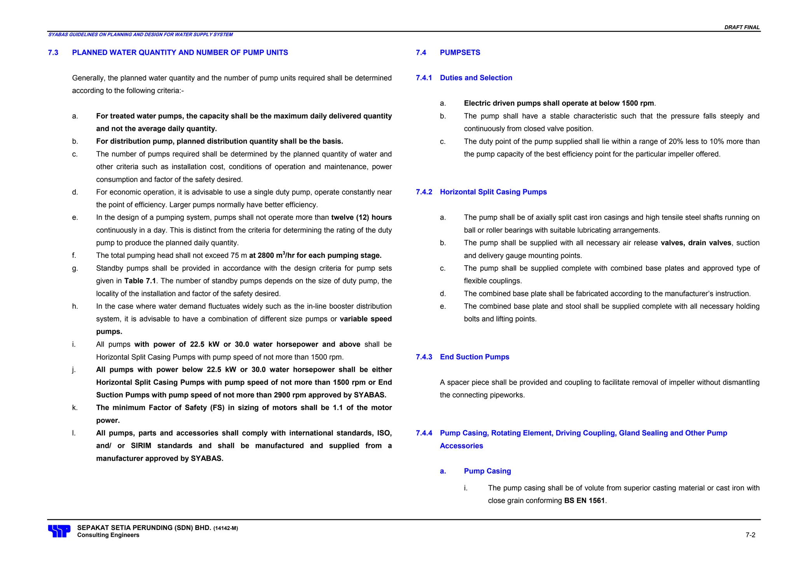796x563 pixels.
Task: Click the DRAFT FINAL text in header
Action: click(742, 27)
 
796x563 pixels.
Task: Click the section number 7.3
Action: click(53, 52)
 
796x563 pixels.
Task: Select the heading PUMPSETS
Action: click(460, 52)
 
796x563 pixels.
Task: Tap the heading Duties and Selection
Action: click(476, 78)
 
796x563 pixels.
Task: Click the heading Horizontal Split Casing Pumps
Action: click(493, 192)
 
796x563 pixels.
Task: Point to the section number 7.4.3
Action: click(424, 357)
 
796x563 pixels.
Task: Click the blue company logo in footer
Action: click(59, 531)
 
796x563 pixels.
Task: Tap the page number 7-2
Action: click(750, 535)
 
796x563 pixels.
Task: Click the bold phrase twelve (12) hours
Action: click(361, 217)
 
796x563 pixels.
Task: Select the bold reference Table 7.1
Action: click(140, 281)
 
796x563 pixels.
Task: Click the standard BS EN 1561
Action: click(584, 501)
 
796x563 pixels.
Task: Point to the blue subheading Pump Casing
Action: click(487, 471)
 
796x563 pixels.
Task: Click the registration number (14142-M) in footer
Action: click(225, 528)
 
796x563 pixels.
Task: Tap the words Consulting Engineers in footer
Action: click(108, 535)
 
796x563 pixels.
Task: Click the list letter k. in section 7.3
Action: click(75, 407)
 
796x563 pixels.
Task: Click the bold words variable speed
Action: click(365, 319)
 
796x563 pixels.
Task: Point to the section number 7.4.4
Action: click(424, 433)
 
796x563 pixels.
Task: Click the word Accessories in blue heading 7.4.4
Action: click(461, 446)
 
